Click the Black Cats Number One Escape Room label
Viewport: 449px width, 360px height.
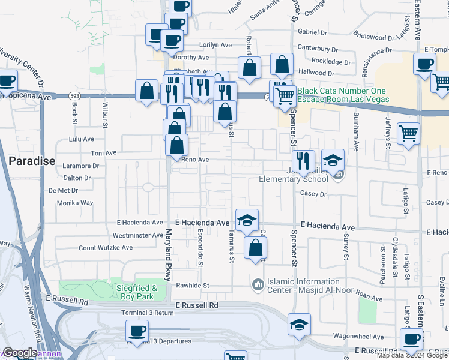[343, 95]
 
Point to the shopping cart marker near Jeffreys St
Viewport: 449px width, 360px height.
[408, 133]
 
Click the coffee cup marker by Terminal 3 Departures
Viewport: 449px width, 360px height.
[137, 331]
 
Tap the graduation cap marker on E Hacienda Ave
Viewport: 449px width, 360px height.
[246, 220]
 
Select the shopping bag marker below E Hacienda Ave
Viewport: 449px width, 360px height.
[255, 247]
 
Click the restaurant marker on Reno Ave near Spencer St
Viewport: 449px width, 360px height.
[303, 161]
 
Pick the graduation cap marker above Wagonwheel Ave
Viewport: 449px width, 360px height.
[299, 324]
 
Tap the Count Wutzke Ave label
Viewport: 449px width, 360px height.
[106, 247]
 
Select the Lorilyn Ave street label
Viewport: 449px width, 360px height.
[214, 45]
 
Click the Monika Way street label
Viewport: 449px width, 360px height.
[75, 203]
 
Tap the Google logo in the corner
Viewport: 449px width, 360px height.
[20, 353]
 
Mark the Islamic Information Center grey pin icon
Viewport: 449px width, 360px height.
[258, 283]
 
